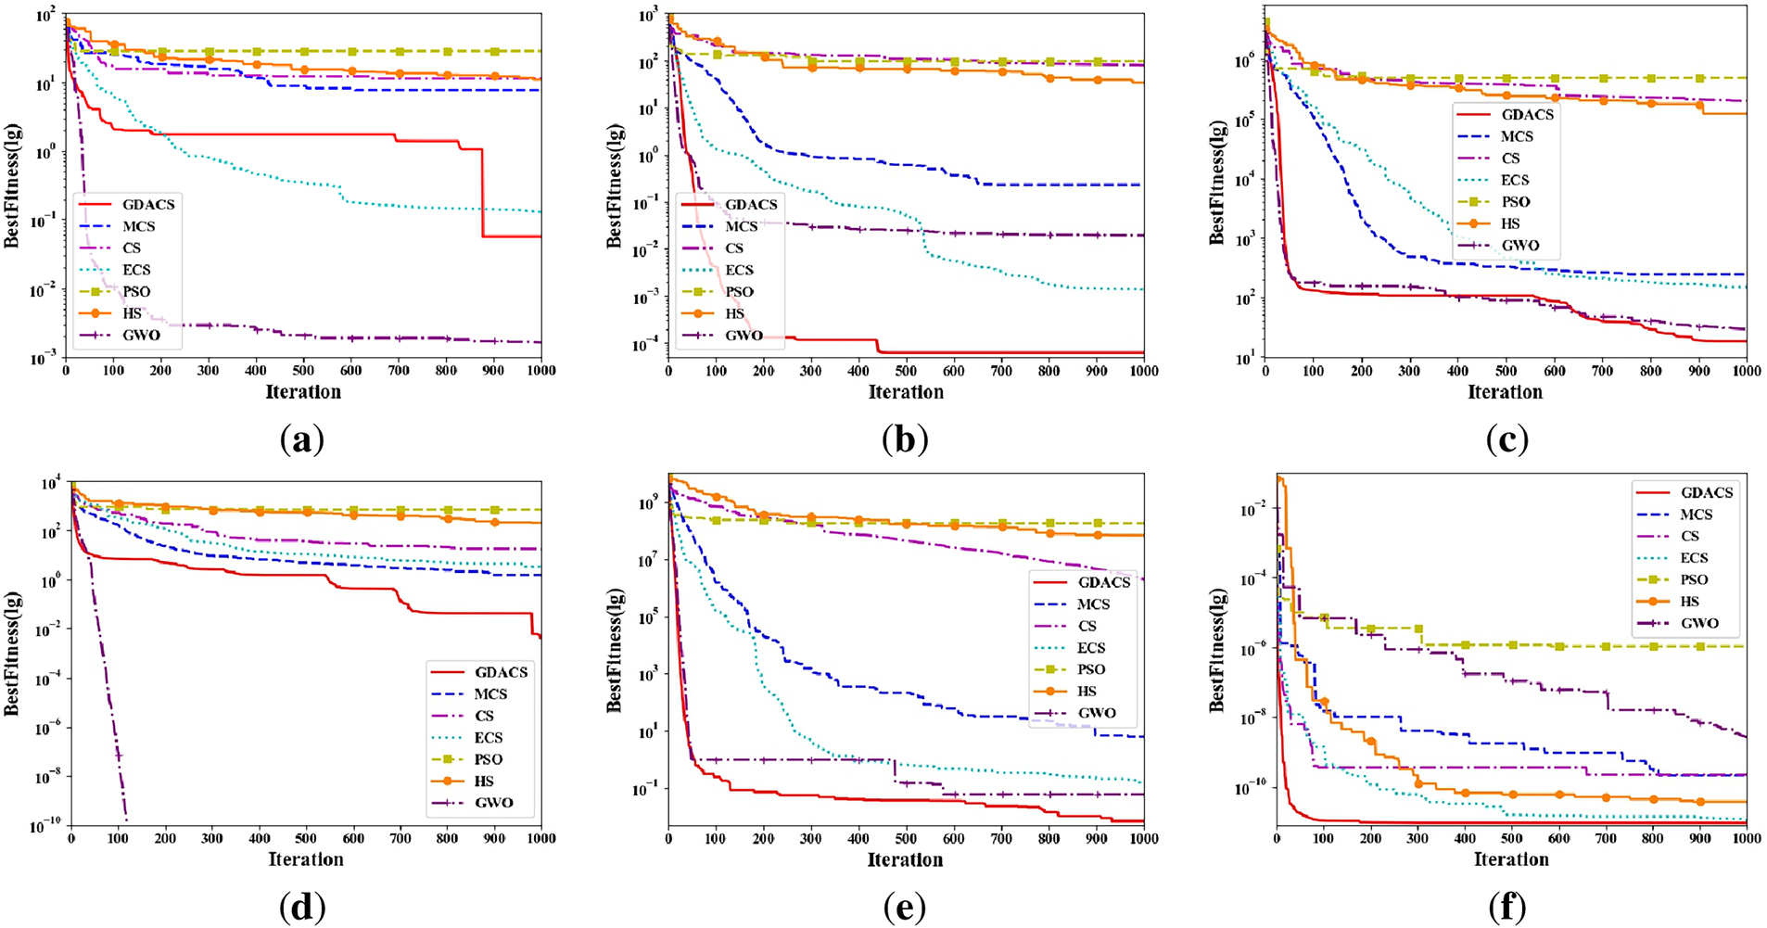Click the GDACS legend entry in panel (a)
[147, 205]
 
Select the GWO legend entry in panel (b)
[744, 336]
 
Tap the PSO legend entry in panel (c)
[1516, 202]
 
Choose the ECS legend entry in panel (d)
[489, 738]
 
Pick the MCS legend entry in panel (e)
[1093, 604]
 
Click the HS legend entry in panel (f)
[1690, 602]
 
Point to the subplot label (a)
[302, 439]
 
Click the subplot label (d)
[302, 908]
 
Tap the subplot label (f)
[1507, 908]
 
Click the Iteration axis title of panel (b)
[906, 392]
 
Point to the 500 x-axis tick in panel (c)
[1506, 371]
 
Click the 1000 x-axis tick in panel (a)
[541, 371]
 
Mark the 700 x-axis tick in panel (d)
[400, 839]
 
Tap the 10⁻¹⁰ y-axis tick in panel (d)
[44, 825]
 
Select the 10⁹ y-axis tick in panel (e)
[647, 503]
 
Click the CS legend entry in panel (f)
[1690, 537]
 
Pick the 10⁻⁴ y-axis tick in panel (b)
[646, 346]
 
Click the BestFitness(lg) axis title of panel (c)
[1217, 183]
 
